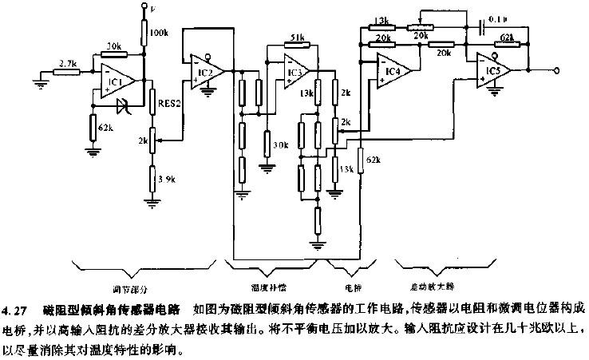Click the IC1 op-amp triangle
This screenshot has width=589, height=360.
[x=115, y=81]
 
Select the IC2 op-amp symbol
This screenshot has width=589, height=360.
[x=203, y=73]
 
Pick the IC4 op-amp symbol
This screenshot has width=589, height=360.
[x=391, y=72]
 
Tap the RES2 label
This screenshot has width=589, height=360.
[x=169, y=102]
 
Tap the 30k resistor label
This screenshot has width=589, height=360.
[x=280, y=145]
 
